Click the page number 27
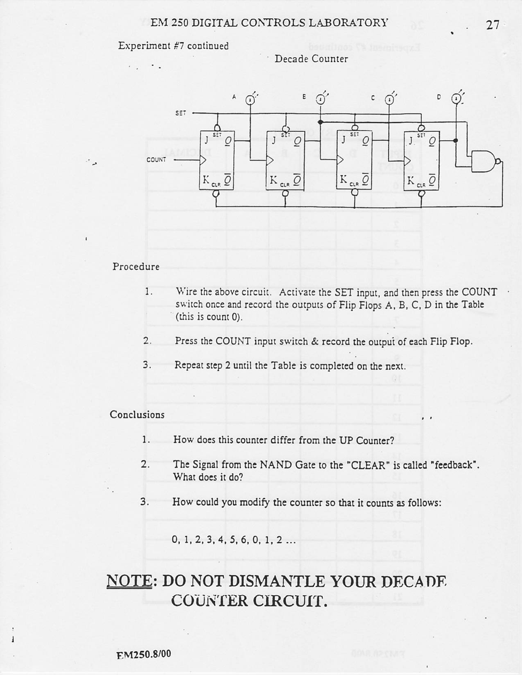(x=493, y=25)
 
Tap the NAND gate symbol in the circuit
(x=485, y=161)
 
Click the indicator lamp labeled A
(x=250, y=100)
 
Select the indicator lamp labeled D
(x=456, y=99)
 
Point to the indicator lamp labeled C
(x=390, y=100)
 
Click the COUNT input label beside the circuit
(x=156, y=160)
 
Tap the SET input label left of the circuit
(x=181, y=113)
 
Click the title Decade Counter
(x=311, y=59)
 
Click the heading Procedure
(x=136, y=267)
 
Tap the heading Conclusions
(x=137, y=414)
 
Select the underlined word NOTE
(x=129, y=581)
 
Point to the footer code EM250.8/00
(x=143, y=654)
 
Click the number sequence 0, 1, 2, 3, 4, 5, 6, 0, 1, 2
(x=233, y=540)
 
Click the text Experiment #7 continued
(x=173, y=46)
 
